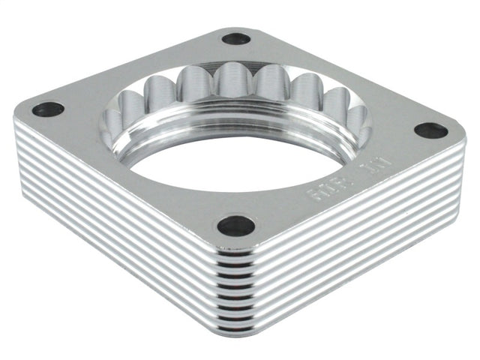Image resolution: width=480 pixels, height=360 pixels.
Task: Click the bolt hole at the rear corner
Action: (235, 38)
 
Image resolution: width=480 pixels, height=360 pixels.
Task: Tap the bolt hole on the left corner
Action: (47, 109)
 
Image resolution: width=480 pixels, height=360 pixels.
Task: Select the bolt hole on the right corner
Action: (430, 130)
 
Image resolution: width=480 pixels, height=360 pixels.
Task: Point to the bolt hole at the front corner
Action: (235, 225)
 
